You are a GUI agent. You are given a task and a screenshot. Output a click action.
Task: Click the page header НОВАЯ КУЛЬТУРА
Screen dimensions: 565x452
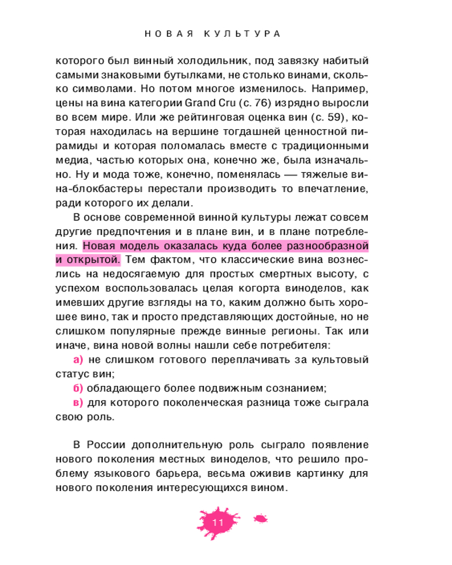[x=213, y=34]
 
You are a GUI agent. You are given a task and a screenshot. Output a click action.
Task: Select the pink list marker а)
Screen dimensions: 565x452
[x=79, y=359]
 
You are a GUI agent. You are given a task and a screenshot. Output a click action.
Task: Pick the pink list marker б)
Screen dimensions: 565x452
[x=79, y=389]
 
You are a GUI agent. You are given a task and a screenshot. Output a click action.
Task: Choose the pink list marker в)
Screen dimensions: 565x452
[x=79, y=403]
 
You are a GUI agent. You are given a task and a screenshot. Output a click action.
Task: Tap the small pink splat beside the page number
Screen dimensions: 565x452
[x=260, y=518]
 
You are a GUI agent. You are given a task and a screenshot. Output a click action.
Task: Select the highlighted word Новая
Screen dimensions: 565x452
[x=101, y=246]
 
